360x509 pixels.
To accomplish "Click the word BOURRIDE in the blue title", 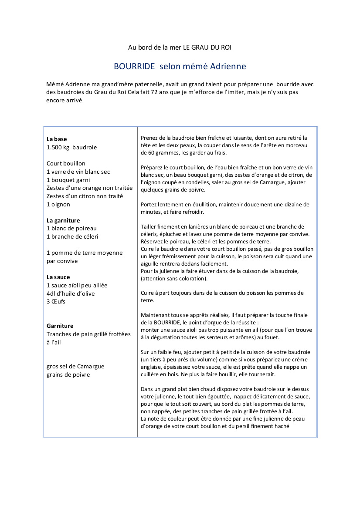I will click(x=134, y=67).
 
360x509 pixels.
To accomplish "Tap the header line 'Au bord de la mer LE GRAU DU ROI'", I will click(x=180, y=47).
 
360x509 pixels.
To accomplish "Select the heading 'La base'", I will click(x=57, y=139).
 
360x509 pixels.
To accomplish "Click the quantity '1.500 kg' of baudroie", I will click(x=58, y=147).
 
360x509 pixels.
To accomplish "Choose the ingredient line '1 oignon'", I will click(x=58, y=204).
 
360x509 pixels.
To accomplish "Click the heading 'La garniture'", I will click(x=63, y=220).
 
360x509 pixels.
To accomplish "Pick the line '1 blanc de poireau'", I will click(x=71, y=228).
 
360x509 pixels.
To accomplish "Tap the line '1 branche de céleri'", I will click(x=72, y=236).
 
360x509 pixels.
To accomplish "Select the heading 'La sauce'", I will click(x=58, y=277).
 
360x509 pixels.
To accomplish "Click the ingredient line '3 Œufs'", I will click(x=56, y=301).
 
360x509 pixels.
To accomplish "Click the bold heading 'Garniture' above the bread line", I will click(x=60, y=326).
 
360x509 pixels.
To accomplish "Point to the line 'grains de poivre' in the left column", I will click(x=68, y=374).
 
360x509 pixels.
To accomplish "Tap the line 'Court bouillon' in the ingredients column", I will click(x=66, y=164).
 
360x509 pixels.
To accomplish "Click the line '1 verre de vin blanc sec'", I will click(x=78, y=172).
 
